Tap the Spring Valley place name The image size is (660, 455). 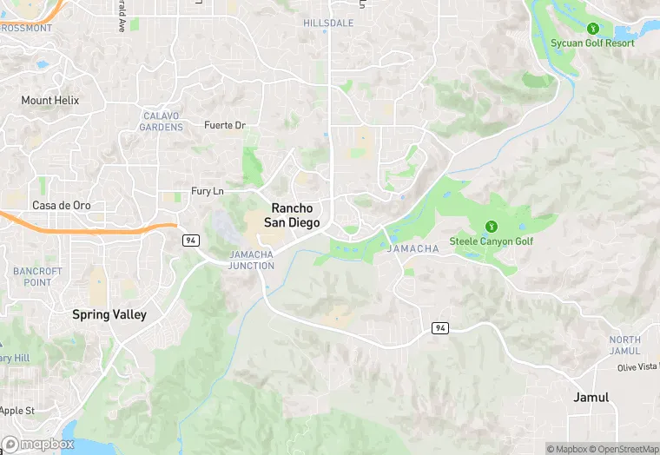(x=109, y=314)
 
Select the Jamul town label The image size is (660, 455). (x=591, y=397)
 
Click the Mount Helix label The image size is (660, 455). (x=49, y=101)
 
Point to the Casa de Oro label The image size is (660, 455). (x=61, y=206)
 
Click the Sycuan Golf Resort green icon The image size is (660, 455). (x=593, y=28)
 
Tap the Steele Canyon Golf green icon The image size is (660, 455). (x=492, y=226)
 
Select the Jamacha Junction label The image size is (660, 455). (x=252, y=260)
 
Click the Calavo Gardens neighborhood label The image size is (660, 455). (x=162, y=122)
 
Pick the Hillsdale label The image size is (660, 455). (x=328, y=23)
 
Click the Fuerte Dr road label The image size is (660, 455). (x=225, y=126)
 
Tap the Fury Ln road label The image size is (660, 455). (x=208, y=191)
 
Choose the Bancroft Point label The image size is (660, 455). (x=37, y=276)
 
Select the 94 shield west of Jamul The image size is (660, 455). (x=440, y=326)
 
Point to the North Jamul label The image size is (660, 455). (x=624, y=346)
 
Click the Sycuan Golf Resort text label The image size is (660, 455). (x=593, y=43)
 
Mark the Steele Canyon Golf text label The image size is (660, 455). (x=492, y=241)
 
